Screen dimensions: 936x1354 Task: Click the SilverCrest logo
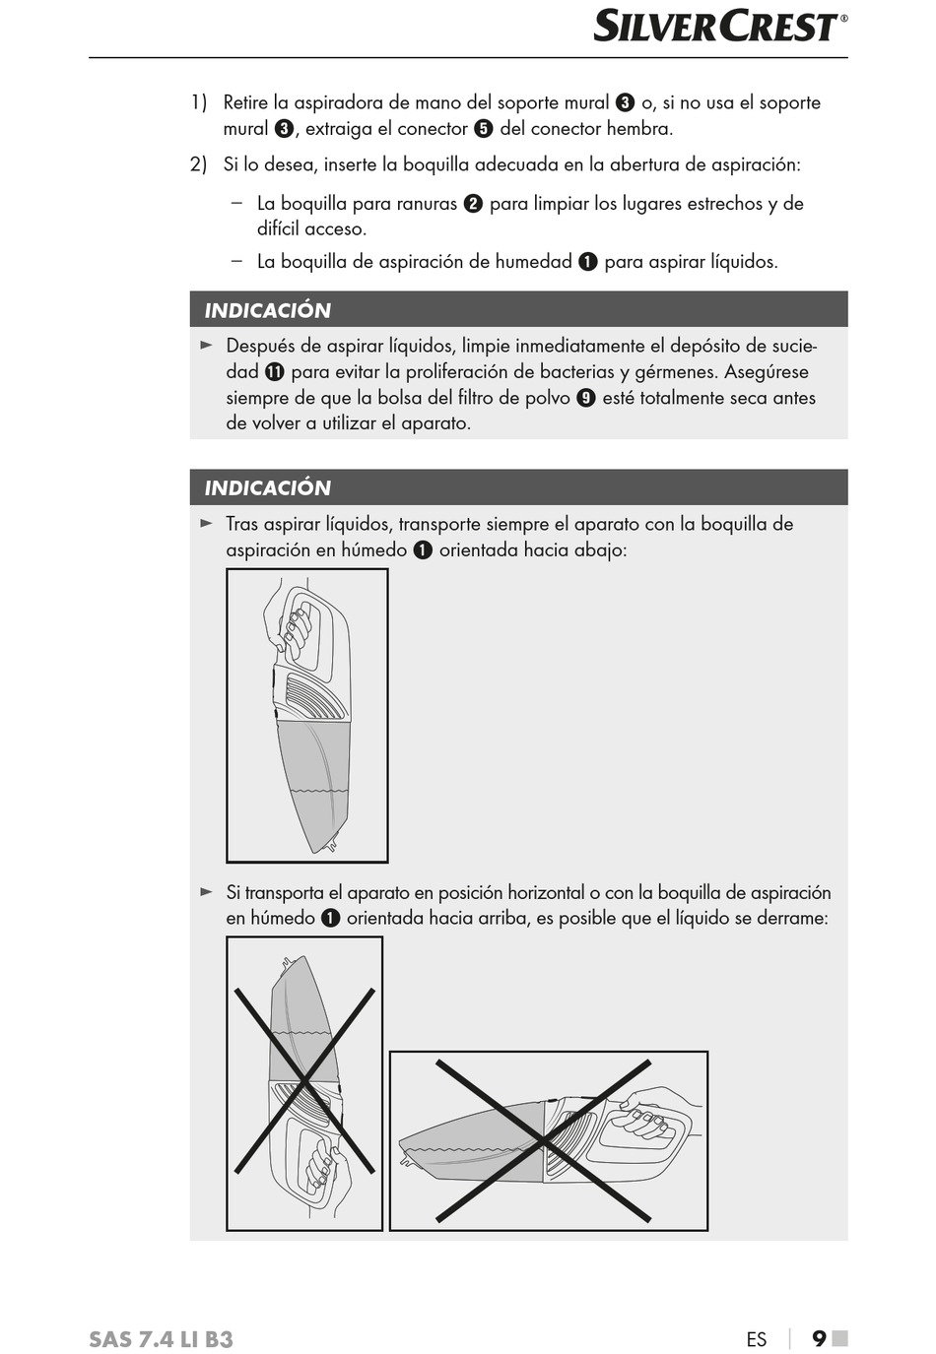click(x=720, y=28)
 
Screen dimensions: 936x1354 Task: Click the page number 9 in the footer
click(x=819, y=1337)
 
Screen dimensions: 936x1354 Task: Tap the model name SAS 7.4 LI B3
click(x=161, y=1339)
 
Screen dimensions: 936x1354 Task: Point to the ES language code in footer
click(x=756, y=1339)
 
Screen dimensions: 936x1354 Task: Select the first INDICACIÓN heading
click(x=267, y=310)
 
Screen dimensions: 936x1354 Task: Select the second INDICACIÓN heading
click(x=267, y=487)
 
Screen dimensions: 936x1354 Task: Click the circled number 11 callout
click(x=274, y=372)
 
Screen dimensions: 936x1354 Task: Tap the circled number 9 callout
click(x=586, y=398)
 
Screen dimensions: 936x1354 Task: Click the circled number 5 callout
click(x=484, y=129)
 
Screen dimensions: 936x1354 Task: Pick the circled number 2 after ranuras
click(x=473, y=204)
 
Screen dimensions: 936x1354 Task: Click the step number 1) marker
click(x=199, y=102)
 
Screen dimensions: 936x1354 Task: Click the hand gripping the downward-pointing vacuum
click(x=288, y=619)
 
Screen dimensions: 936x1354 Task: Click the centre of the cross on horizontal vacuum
click(x=543, y=1140)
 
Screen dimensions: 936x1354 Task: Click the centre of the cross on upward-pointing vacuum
click(x=304, y=1081)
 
